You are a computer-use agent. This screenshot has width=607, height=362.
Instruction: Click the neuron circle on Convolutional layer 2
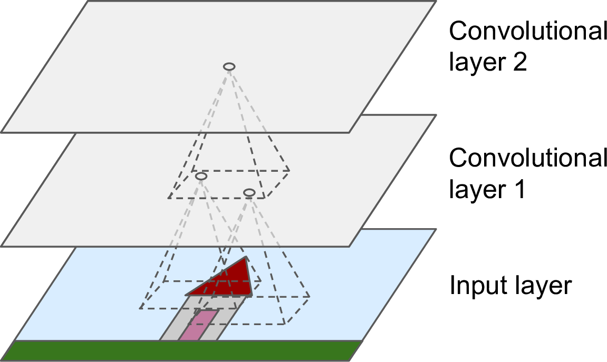(229, 66)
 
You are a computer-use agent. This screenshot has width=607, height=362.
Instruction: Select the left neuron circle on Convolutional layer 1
(200, 177)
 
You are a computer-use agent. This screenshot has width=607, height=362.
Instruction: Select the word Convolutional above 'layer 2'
(528, 32)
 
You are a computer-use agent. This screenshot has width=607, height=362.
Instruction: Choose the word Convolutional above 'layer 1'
(528, 158)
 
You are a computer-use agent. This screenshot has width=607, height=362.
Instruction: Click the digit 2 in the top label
(519, 63)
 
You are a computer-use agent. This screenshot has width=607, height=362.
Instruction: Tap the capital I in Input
(452, 286)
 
